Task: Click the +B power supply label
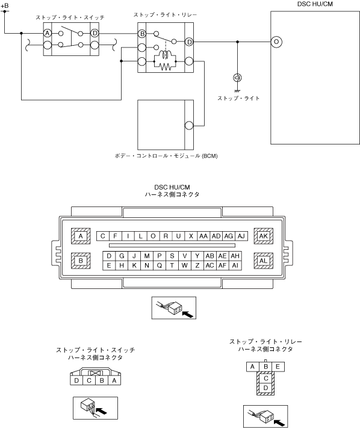(x=5, y=5)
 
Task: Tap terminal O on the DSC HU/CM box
(x=276, y=42)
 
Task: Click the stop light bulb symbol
(x=237, y=78)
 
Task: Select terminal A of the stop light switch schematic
(x=48, y=33)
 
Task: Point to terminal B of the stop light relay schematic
(x=142, y=34)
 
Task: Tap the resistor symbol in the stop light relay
(x=165, y=66)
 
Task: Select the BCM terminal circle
(x=189, y=126)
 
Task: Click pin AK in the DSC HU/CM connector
(x=264, y=236)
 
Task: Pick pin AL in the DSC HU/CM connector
(x=264, y=261)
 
